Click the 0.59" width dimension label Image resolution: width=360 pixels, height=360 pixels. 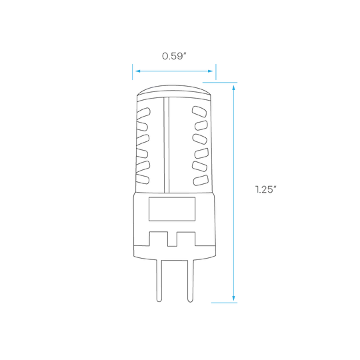pyautogui.click(x=174, y=56)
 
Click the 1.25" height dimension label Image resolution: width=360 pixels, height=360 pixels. pyautogui.click(x=265, y=189)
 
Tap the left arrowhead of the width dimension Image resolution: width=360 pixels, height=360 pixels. pyautogui.click(x=138, y=71)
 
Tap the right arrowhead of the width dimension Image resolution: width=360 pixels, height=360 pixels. pyautogui.click(x=210, y=71)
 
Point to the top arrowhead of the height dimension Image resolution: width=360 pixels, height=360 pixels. pyautogui.click(x=234, y=88)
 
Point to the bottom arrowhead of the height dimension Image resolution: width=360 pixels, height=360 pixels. pyautogui.click(x=234, y=298)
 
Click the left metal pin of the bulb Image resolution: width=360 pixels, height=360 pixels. pyautogui.click(x=159, y=281)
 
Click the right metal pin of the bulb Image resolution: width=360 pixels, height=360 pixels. pyautogui.click(x=190, y=281)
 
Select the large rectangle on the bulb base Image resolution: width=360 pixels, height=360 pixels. pyautogui.click(x=172, y=209)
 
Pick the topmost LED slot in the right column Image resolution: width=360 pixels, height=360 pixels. pyautogui.click(x=199, y=111)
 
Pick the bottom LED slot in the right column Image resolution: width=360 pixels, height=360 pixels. pyautogui.click(x=201, y=181)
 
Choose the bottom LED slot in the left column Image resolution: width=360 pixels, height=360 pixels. pyautogui.click(x=143, y=179)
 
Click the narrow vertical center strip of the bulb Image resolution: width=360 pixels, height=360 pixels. pyautogui.click(x=167, y=145)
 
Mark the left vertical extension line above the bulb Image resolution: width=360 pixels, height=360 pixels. pyautogui.click(x=133, y=72)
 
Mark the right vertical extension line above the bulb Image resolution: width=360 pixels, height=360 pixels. pyautogui.click(x=216, y=72)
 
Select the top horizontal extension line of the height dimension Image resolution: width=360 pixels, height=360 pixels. pyautogui.click(x=220, y=82)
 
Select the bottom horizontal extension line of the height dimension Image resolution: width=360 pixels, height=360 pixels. pyautogui.click(x=224, y=303)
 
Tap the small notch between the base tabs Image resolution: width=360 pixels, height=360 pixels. pyautogui.click(x=172, y=239)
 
